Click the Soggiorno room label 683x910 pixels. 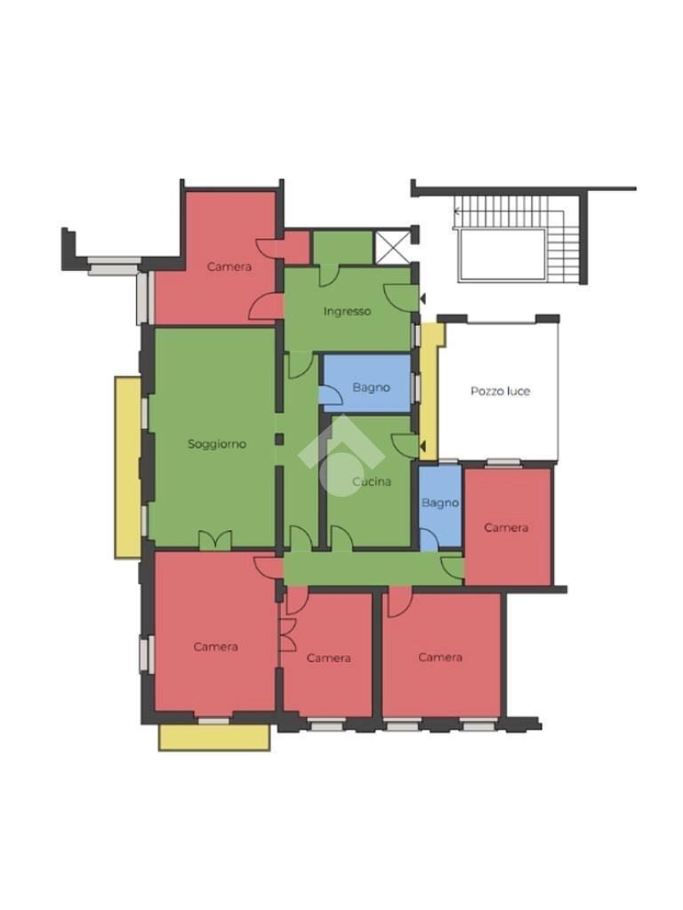(x=217, y=444)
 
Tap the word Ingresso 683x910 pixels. (x=348, y=312)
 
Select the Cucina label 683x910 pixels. (x=372, y=482)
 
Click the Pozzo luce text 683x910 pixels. (x=500, y=391)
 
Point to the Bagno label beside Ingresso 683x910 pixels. (x=371, y=387)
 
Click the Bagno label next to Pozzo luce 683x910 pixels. (x=440, y=503)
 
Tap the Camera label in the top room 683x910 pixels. (x=229, y=267)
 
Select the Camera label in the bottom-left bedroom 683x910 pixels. (x=216, y=647)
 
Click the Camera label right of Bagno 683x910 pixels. (x=506, y=528)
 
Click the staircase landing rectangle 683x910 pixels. (x=502, y=255)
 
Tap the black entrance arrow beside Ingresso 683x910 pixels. (x=422, y=299)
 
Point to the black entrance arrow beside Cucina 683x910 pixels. (x=422, y=446)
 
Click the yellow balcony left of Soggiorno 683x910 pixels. (x=128, y=467)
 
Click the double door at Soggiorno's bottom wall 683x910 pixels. (x=215, y=539)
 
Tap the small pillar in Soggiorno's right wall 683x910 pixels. (x=279, y=439)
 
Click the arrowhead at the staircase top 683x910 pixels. (x=457, y=212)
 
